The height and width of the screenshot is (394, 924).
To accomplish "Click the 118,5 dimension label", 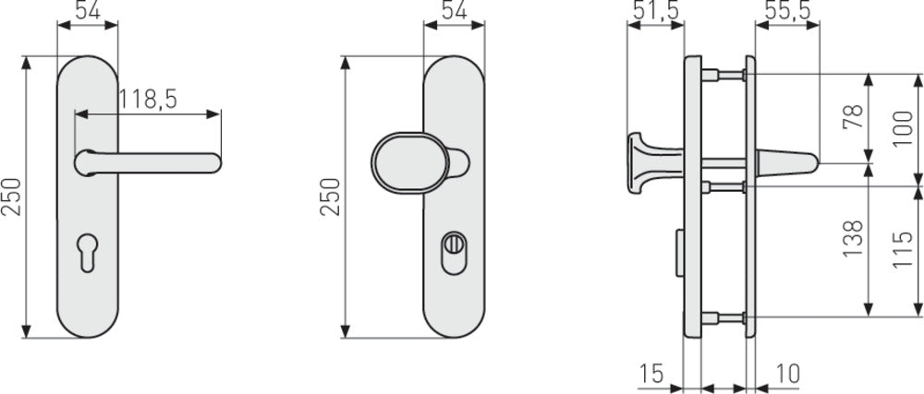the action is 148,100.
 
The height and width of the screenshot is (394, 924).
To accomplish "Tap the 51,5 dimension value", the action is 654,10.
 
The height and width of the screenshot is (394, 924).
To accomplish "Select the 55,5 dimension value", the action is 788,10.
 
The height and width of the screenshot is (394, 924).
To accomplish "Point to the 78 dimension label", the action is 853,117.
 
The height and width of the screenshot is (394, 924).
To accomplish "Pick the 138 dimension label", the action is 853,238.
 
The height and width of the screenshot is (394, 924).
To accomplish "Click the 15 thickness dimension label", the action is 650,374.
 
